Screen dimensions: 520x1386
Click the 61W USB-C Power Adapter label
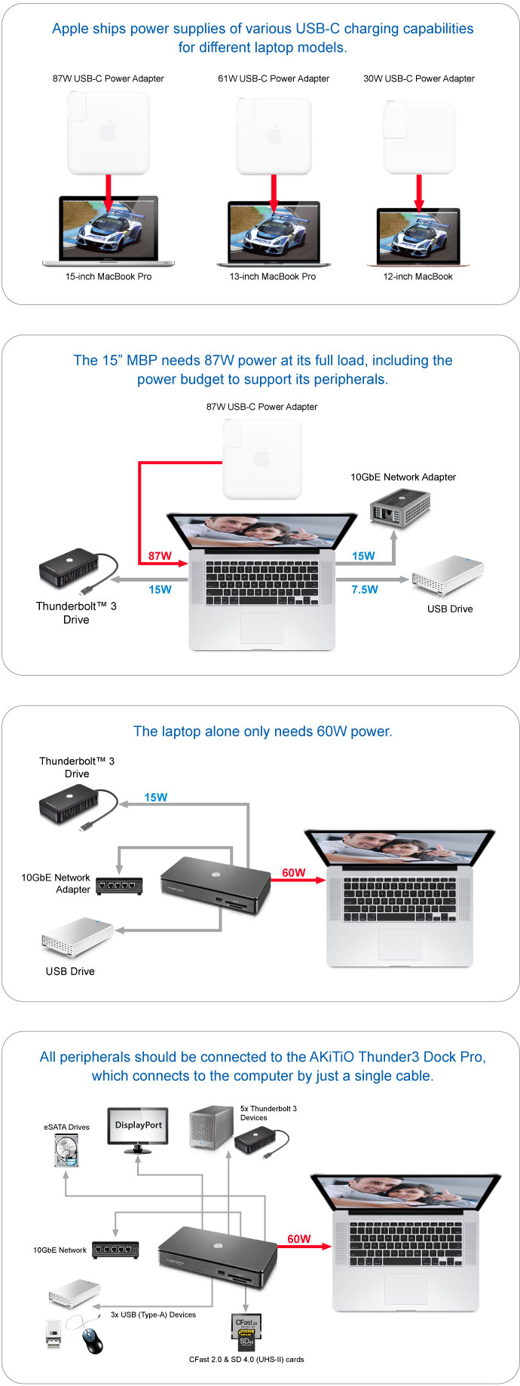click(x=274, y=78)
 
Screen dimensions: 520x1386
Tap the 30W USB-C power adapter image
click(x=418, y=136)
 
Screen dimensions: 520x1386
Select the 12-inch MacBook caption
click(x=418, y=276)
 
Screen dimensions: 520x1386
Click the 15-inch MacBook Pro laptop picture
click(x=109, y=230)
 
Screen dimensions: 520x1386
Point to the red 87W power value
click(x=160, y=556)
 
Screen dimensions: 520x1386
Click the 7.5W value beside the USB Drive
click(x=365, y=589)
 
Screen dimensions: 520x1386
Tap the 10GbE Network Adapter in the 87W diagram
click(x=400, y=507)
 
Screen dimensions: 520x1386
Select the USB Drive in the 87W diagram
click(x=448, y=576)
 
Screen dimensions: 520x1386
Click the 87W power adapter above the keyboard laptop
click(x=262, y=459)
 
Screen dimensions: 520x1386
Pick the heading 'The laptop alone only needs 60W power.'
click(x=263, y=731)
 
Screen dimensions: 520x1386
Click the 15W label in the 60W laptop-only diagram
click(x=156, y=797)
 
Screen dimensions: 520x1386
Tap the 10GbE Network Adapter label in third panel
click(x=56, y=884)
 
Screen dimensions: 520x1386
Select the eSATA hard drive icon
click(x=66, y=1150)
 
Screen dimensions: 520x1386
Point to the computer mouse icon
click(x=92, y=1340)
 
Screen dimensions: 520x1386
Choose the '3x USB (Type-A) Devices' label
click(x=153, y=1314)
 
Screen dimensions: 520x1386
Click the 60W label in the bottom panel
click(x=298, y=1238)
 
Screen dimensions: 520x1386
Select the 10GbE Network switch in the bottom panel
click(x=115, y=1250)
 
